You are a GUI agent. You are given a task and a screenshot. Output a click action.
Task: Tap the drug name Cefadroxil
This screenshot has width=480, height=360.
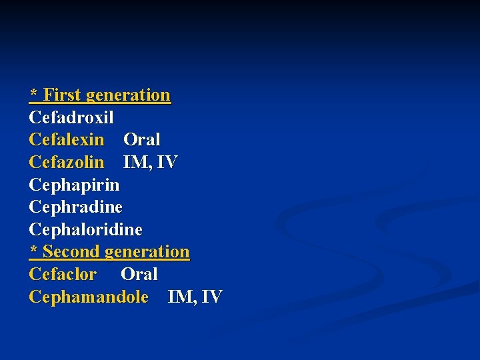coord(71,118)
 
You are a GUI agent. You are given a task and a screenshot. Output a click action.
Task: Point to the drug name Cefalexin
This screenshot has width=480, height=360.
coord(67,140)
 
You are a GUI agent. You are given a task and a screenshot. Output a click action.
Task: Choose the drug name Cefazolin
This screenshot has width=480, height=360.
coord(67,163)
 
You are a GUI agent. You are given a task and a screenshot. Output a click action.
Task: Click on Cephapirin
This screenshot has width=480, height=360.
coord(74,185)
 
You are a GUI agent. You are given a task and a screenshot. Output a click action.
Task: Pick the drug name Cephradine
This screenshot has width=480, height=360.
coord(75,207)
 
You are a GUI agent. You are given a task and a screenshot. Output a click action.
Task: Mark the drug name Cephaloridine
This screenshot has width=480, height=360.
coord(85,230)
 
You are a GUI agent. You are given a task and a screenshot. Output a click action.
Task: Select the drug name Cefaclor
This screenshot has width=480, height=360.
coord(63,275)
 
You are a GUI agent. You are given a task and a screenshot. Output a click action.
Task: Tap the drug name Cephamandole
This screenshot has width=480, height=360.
coord(89,297)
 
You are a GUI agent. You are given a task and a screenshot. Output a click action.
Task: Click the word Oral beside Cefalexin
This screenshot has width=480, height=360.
coord(142,140)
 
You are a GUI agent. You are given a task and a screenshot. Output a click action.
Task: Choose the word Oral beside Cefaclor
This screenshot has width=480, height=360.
coord(139,275)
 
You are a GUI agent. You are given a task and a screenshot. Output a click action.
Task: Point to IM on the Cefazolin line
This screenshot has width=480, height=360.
coord(136,163)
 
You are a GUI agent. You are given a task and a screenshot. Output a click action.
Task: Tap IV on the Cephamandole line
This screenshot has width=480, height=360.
coord(211,297)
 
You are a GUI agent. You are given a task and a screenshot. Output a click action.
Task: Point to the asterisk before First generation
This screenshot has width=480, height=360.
coord(33,93)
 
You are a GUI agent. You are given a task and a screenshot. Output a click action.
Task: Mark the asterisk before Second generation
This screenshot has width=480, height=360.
coord(33,249)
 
